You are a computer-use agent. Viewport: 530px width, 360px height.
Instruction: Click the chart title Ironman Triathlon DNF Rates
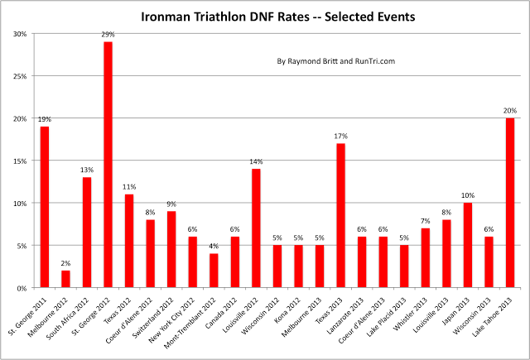pos(264,14)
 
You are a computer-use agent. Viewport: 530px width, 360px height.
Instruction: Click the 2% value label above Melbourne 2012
pos(65,263)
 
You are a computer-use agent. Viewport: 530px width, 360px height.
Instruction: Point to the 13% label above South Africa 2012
pos(86,170)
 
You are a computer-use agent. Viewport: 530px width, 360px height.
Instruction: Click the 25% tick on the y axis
pos(17,76)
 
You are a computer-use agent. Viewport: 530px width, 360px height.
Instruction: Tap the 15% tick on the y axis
pos(17,161)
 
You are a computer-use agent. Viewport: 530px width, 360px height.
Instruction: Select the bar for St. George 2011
pos(44,207)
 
